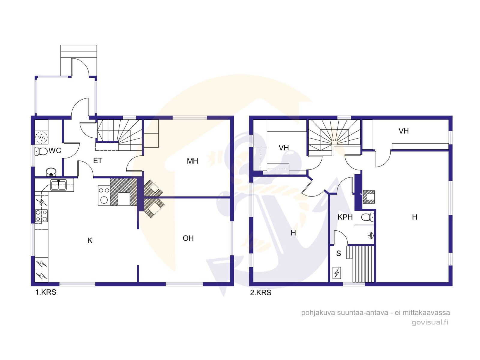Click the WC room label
pyautogui.click(x=55, y=150)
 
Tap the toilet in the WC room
pyautogui.click(x=41, y=151)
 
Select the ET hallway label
pyautogui.click(x=97, y=161)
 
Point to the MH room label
pyautogui.click(x=192, y=161)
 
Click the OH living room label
pyautogui.click(x=188, y=238)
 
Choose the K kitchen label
pyautogui.click(x=90, y=240)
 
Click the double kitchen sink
pyautogui.click(x=58, y=185)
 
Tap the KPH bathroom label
pyautogui.click(x=345, y=217)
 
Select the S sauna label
pyautogui.click(x=338, y=253)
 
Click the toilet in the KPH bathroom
pyautogui.click(x=367, y=217)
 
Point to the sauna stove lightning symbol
pyautogui.click(x=337, y=273)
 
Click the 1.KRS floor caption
pyautogui.click(x=46, y=292)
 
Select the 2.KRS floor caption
pyautogui.click(x=260, y=292)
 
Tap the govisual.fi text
pyautogui.click(x=430, y=322)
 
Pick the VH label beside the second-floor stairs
pyautogui.click(x=283, y=148)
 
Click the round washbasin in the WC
pyautogui.click(x=51, y=172)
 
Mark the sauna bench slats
pyautogui.click(x=361, y=264)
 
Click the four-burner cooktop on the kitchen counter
pyautogui.click(x=41, y=216)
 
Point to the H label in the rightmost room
pyautogui.click(x=414, y=217)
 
